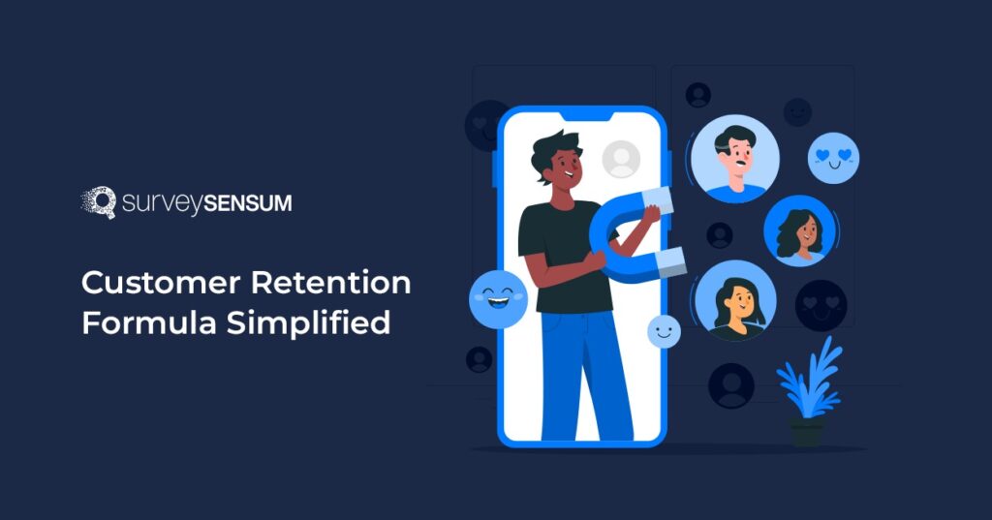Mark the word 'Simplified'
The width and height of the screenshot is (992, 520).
click(309, 323)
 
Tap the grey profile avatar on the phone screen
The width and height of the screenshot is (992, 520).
click(621, 159)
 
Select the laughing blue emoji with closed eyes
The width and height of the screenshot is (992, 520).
click(498, 298)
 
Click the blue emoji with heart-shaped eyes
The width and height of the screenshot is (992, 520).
click(833, 158)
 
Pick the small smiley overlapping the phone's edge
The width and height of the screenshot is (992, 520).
click(664, 331)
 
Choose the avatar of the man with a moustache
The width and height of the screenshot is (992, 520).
click(735, 158)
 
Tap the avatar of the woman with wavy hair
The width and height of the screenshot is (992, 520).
click(799, 231)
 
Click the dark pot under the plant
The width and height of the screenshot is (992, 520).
click(806, 431)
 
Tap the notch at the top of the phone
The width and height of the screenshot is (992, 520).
click(581, 115)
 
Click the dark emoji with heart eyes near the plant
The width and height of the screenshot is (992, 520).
click(821, 305)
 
